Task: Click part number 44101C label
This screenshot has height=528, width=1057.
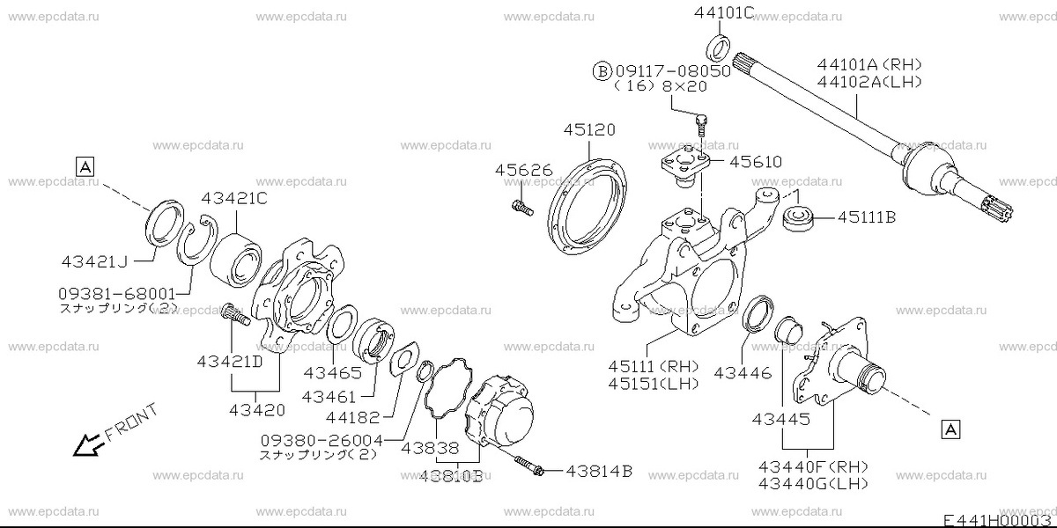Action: click(x=724, y=12)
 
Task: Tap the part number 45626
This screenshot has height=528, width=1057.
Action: click(x=522, y=170)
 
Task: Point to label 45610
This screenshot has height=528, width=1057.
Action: click(x=755, y=162)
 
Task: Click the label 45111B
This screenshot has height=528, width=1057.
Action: click(x=866, y=216)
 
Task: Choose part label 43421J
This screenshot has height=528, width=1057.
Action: click(x=95, y=262)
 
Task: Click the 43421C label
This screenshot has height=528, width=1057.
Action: click(x=233, y=199)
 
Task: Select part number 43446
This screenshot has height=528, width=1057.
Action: click(x=743, y=372)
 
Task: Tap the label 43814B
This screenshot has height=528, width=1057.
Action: click(x=599, y=472)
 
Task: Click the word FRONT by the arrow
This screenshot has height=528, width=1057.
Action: click(x=130, y=422)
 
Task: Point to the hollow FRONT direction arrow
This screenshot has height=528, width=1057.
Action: click(x=85, y=446)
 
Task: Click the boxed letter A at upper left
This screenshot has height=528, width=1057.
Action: click(x=85, y=165)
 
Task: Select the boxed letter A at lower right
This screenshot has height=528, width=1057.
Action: click(x=950, y=429)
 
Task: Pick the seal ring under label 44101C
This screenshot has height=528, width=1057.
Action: click(x=719, y=46)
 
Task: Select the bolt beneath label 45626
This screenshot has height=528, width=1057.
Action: click(x=520, y=208)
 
